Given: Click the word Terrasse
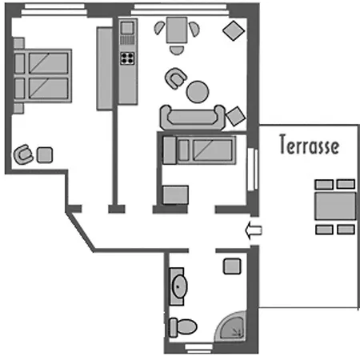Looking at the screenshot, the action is coord(310,144).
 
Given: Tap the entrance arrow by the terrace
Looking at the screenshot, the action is coord(254,230).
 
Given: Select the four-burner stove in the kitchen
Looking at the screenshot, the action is coord(127,58).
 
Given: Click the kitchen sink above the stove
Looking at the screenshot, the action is coord(127,28).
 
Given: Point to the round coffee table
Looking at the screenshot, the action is coord(198,92).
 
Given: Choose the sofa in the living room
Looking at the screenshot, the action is coord(193,118).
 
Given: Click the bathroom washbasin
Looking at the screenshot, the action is coord(179,286).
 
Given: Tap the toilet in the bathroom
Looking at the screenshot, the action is coord(183,326).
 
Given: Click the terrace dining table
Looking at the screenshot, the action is coord(335,206).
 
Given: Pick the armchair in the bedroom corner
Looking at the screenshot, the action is coord(23,154).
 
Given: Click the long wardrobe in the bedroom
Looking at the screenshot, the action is coord(105,69).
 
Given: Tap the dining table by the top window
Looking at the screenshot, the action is coord(177,30).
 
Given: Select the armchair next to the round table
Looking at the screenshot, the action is coord(175,78).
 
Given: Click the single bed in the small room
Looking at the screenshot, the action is coord(199,150).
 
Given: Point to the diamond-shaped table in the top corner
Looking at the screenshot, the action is coord(234,30).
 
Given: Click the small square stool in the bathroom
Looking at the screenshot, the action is coord(232,266).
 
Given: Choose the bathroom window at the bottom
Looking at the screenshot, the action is coord(199,348).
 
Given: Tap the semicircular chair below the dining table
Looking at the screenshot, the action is coord(177,50).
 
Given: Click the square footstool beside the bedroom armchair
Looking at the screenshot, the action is coord(45,155).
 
